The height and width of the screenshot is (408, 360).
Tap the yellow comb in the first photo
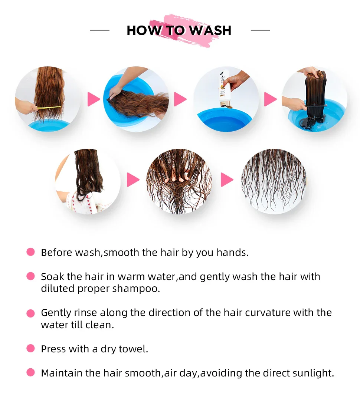coord(49,108)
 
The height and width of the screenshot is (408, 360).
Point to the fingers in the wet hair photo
coord(179,178)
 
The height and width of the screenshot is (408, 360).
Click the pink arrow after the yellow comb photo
coord(94,99)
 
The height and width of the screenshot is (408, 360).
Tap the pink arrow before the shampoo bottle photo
coord(180,99)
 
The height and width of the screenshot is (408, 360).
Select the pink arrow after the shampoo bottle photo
coord(270,99)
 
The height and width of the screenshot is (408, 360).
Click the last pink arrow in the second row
coord(227,180)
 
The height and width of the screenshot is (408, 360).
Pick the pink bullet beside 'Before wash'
coord(30,252)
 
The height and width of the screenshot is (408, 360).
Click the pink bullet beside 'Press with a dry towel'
coord(30,349)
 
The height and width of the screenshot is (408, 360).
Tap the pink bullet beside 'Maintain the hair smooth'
coord(30,372)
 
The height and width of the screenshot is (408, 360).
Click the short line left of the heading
coord(99,30)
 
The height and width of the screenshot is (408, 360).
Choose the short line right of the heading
coord(260,30)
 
